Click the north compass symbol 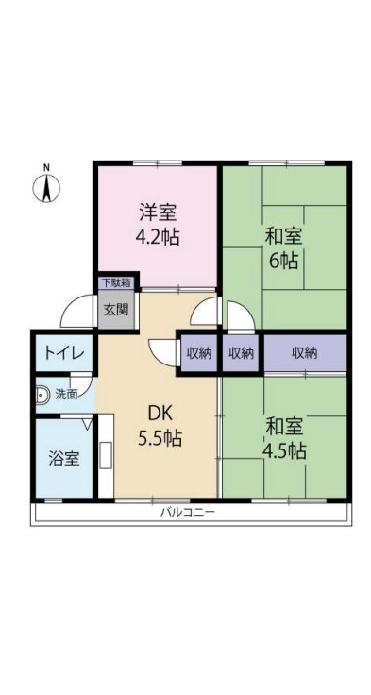click(x=46, y=188)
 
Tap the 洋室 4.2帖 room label click(x=158, y=226)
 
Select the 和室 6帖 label click(x=284, y=249)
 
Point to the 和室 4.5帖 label click(x=284, y=439)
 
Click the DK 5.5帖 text click(x=160, y=427)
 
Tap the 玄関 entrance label click(x=116, y=310)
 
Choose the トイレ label click(x=63, y=353)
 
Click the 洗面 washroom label click(x=66, y=394)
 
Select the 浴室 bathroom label click(x=64, y=459)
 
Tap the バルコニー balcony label click(x=188, y=513)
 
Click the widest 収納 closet click(x=305, y=353)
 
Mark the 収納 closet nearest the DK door click(x=198, y=353)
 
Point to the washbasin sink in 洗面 click(x=42, y=394)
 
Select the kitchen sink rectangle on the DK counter click(x=107, y=455)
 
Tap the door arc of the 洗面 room click(x=81, y=381)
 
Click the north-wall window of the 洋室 click(x=158, y=163)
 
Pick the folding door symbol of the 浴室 click(x=87, y=424)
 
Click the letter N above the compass click(x=46, y=167)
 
